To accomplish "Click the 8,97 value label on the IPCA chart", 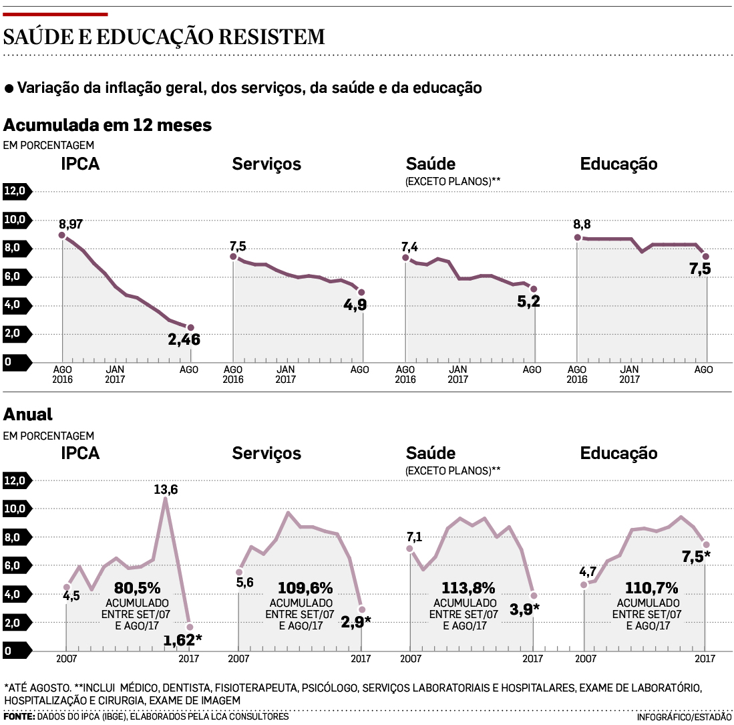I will pyautogui.click(x=70, y=224).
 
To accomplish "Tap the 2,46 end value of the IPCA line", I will pyautogui.click(x=184, y=340).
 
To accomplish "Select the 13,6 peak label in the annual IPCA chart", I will pyautogui.click(x=166, y=489).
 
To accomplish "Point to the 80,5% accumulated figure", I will pyautogui.click(x=137, y=588).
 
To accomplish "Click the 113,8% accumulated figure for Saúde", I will pyautogui.click(x=468, y=588).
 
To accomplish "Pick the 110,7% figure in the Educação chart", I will pyautogui.click(x=651, y=588).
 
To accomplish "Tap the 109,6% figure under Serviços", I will pyautogui.click(x=305, y=588).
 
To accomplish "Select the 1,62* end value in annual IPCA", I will pyautogui.click(x=182, y=640).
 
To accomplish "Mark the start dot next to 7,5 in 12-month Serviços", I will pyautogui.click(x=233, y=257).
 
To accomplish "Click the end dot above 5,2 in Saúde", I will pyautogui.click(x=534, y=289).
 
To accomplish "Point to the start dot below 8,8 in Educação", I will pyautogui.click(x=578, y=237).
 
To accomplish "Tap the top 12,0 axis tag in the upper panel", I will pyautogui.click(x=16, y=191).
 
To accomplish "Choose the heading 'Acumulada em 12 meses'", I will pyautogui.click(x=108, y=125).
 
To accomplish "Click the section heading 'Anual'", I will pyautogui.click(x=28, y=414).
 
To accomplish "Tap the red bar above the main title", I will pyautogui.click(x=55, y=13).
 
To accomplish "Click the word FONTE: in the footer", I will pyautogui.click(x=19, y=716).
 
